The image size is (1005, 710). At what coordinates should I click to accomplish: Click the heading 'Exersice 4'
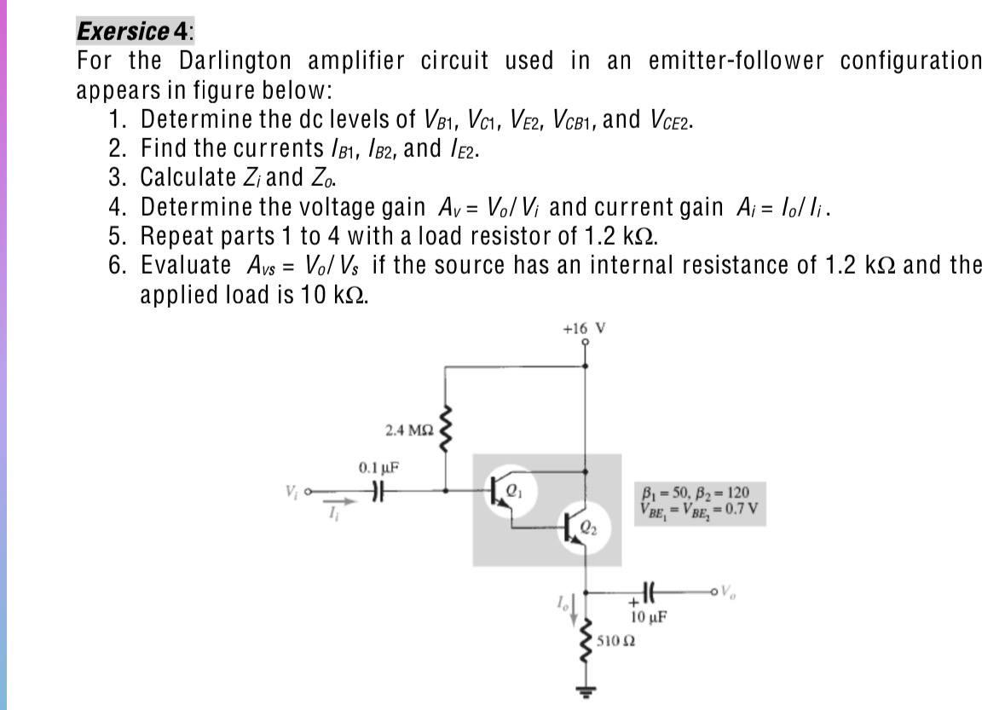coord(134,32)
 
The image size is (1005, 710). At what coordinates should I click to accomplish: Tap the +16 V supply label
coord(584,328)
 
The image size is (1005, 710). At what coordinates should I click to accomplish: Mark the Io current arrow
coord(573,606)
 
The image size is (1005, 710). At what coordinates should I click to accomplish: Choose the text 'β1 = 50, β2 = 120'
coord(695,492)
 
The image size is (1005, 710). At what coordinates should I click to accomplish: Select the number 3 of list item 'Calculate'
coord(117,177)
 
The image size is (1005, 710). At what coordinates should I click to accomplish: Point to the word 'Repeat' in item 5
coord(182,235)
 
